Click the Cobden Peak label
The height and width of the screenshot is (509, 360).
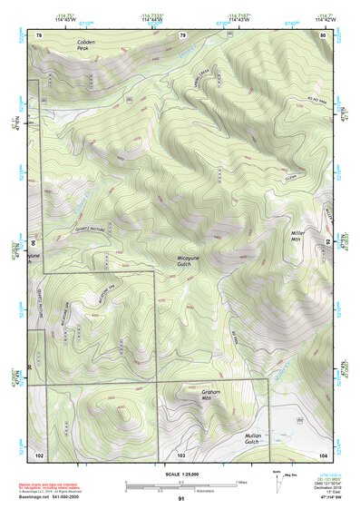pyautogui.click(x=85, y=45)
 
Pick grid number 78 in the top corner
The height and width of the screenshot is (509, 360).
pyautogui.click(x=39, y=34)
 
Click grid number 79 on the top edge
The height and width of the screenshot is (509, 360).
pyautogui.click(x=182, y=34)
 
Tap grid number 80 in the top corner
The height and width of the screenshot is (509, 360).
pyautogui.click(x=323, y=34)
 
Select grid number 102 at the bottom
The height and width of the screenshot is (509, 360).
pyautogui.click(x=39, y=453)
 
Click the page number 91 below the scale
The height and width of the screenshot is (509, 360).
pyautogui.click(x=181, y=499)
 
